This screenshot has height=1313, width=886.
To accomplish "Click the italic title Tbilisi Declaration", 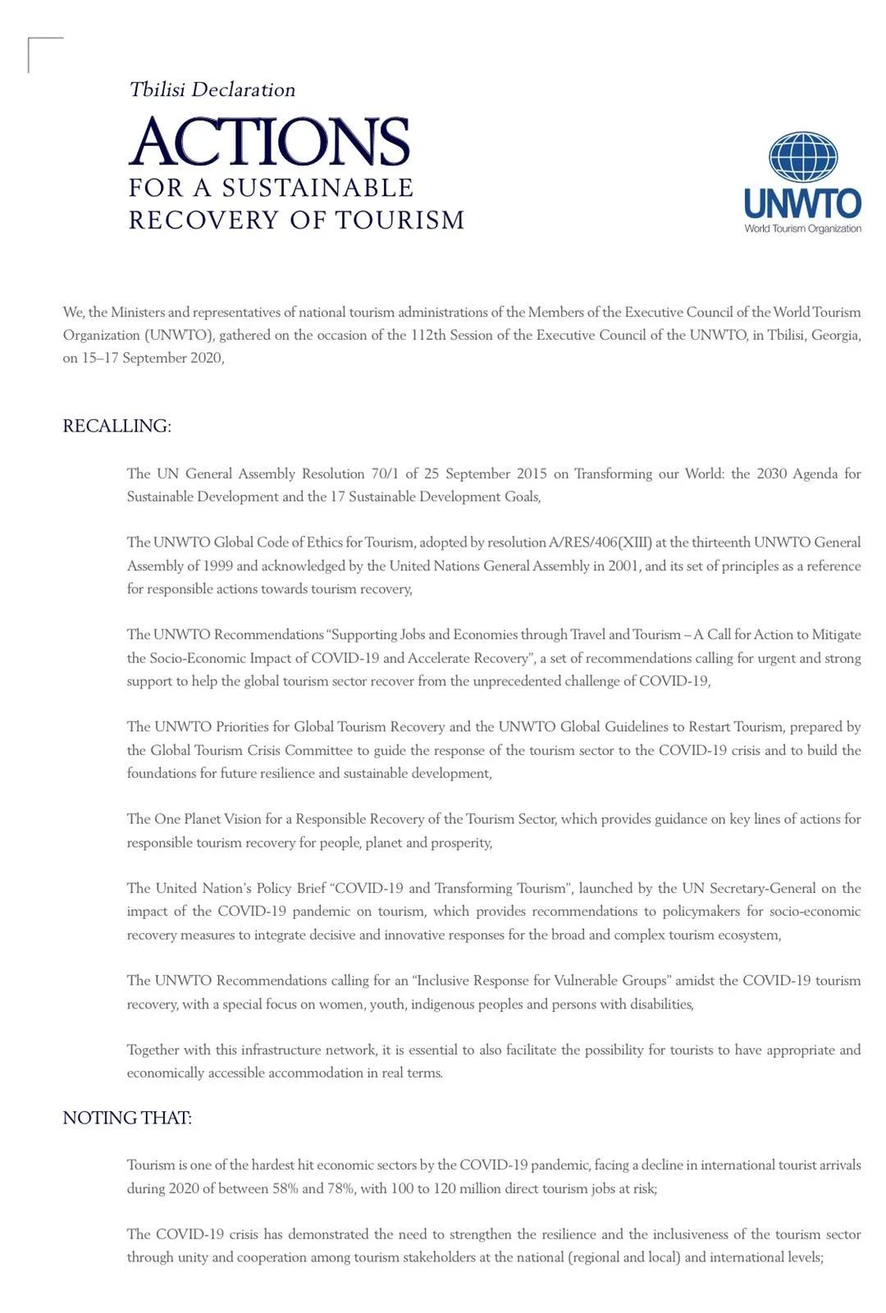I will pyautogui.click(x=212, y=89).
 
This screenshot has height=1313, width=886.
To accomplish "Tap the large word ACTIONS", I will pyautogui.click(x=269, y=141).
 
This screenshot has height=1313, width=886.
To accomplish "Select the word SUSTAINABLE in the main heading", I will pyautogui.click(x=317, y=188).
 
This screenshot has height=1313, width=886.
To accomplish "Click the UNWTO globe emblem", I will pyautogui.click(x=802, y=157).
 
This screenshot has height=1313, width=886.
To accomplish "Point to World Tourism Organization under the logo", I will pyautogui.click(x=802, y=229).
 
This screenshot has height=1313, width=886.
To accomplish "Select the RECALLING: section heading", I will pyautogui.click(x=116, y=426).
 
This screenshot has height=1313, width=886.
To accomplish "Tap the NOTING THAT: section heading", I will pyautogui.click(x=127, y=1118).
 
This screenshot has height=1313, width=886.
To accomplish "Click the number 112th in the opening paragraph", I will pyautogui.click(x=428, y=335).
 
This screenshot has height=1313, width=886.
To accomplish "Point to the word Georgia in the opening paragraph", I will pyautogui.click(x=834, y=335).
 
